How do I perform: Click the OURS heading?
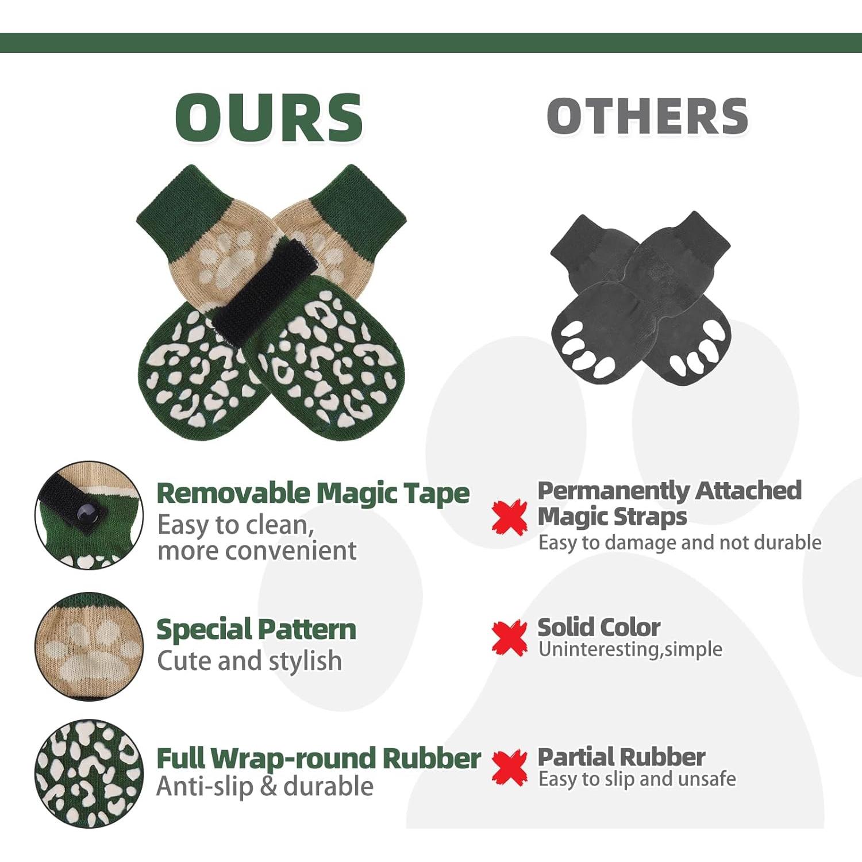[x=269, y=117]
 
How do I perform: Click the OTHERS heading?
[x=648, y=116]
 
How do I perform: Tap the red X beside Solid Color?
[x=509, y=638]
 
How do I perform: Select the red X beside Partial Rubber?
[x=509, y=768]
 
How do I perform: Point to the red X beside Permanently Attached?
[x=509, y=517]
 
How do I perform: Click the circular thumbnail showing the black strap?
[x=89, y=515]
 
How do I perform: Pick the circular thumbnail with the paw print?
[x=89, y=646]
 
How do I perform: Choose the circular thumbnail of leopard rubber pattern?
[x=89, y=774]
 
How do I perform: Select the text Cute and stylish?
[x=249, y=661]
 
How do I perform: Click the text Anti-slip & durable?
[x=265, y=786]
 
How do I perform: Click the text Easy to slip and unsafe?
[x=637, y=779]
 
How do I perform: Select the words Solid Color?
[x=599, y=628]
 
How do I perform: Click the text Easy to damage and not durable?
[x=680, y=542]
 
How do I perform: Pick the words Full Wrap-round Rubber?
[x=319, y=759]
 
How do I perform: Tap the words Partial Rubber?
[x=621, y=757]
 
